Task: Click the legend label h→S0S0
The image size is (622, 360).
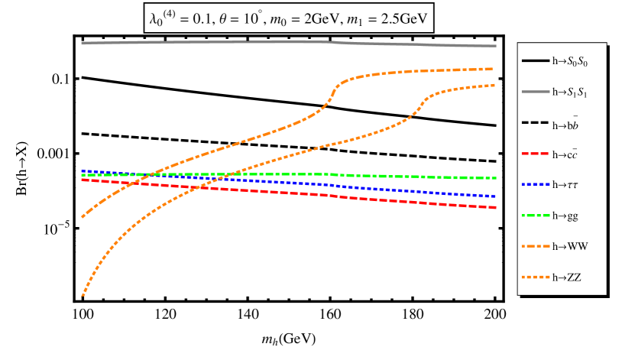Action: tap(569, 61)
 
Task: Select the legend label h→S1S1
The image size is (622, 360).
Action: tap(569, 92)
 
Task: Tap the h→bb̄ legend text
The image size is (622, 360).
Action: tap(565, 122)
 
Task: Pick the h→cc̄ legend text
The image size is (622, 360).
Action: tap(565, 154)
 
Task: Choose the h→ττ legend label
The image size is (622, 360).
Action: tap(565, 185)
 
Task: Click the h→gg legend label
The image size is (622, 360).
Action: tap(565, 216)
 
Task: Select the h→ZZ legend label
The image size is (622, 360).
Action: tap(566, 277)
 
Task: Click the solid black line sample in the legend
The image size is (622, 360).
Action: tap(535, 61)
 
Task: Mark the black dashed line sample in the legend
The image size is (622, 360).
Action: tap(535, 123)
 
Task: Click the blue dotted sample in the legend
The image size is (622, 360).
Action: tap(535, 185)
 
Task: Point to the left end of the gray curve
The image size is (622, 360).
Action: tap(83, 43)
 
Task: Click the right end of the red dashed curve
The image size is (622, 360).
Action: tap(496, 207)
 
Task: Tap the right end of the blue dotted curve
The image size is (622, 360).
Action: tap(496, 196)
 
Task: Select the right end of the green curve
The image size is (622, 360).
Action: tap(496, 178)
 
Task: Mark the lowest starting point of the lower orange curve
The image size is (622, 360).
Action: tap(83, 295)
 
